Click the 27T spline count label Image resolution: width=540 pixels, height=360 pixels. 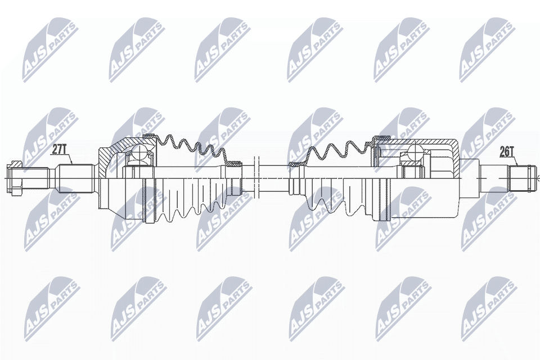point(60,150)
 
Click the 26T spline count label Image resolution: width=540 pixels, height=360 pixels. point(507,151)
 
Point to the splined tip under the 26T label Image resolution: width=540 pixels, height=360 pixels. point(521,177)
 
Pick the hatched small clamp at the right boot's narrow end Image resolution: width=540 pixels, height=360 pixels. point(295,164)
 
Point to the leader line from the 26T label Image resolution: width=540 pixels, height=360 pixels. point(512,160)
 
